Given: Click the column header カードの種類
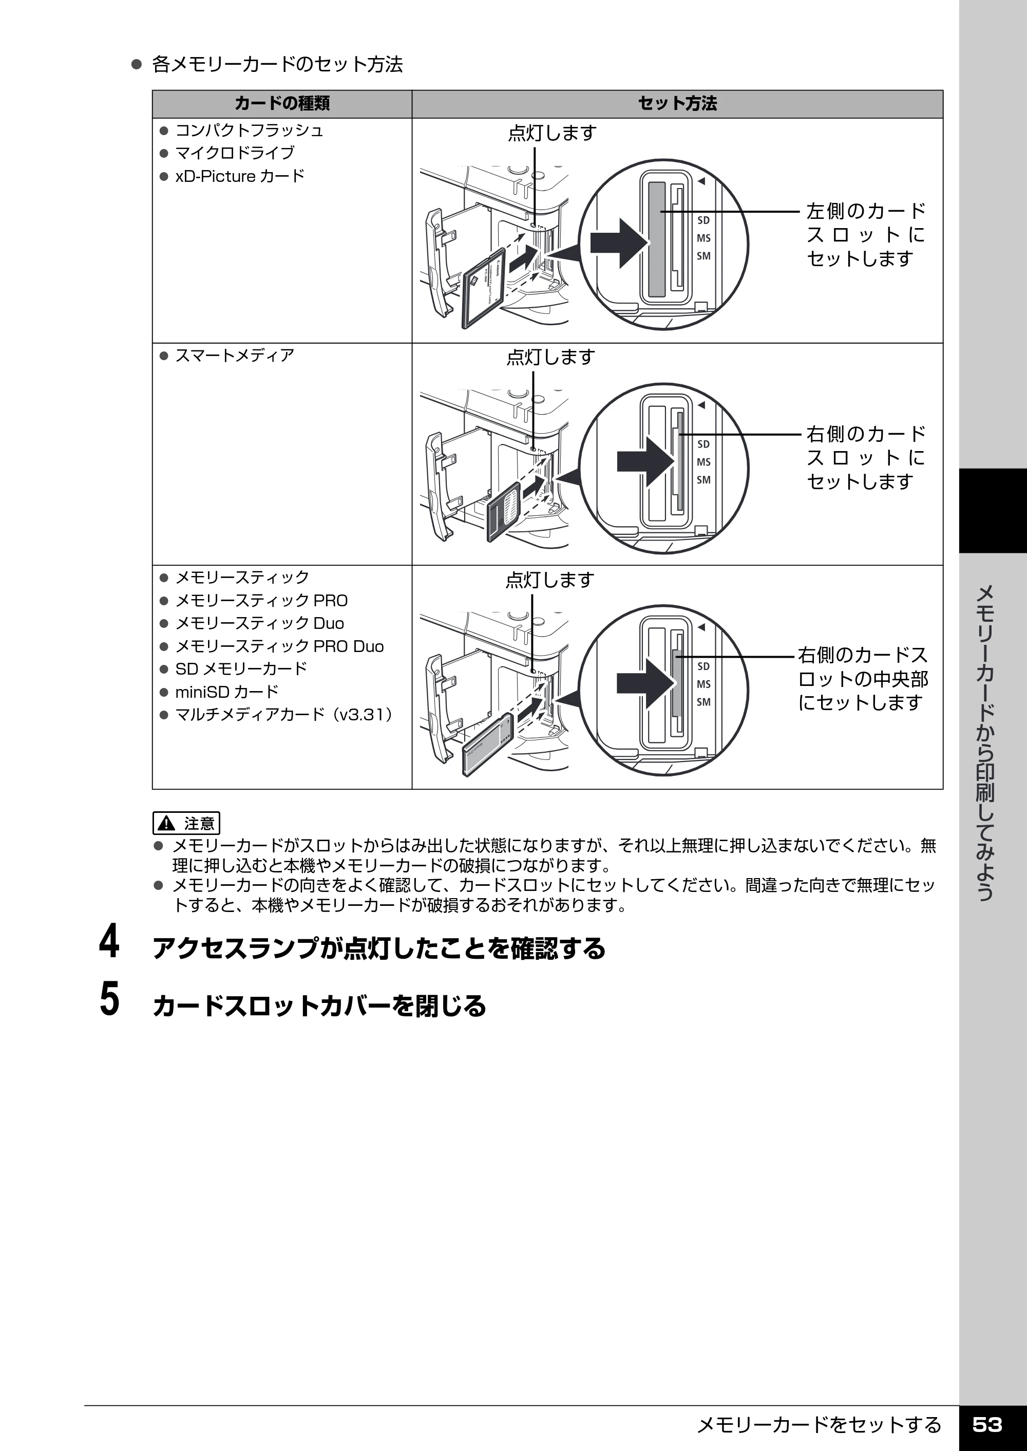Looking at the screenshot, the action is (x=282, y=104).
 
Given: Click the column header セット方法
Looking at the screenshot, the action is (x=677, y=104).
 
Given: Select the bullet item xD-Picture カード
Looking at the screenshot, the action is (x=240, y=176).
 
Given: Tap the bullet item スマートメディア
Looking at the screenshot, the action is (x=235, y=355).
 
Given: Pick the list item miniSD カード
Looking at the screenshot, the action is (x=226, y=692).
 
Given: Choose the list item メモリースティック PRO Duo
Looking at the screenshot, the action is (x=279, y=646).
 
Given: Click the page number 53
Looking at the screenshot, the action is (x=987, y=1424).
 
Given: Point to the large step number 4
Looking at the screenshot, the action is (x=109, y=942).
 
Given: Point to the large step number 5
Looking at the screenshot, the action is (x=109, y=998).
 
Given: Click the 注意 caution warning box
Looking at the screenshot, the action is (x=186, y=823).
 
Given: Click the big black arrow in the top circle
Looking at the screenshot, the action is (x=620, y=244).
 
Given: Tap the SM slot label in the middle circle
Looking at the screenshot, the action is (x=704, y=480).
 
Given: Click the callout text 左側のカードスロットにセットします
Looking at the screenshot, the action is (x=866, y=234).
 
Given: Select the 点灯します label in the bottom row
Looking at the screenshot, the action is (x=549, y=580).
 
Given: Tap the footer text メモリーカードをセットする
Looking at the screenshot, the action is (x=819, y=1424).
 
